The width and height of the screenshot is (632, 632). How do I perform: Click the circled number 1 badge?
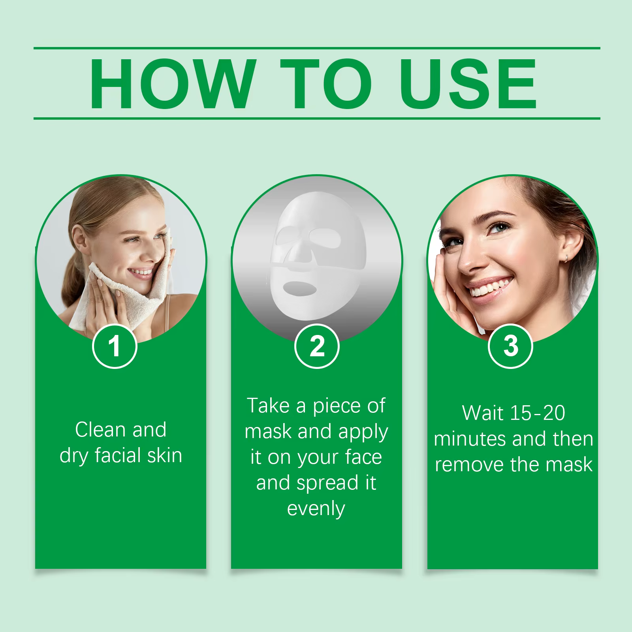coord(115,346)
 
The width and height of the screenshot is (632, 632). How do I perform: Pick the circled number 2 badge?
coord(317,346)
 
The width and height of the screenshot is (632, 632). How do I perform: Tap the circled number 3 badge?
coord(511,346)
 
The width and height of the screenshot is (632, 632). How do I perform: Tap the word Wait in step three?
coord(482,413)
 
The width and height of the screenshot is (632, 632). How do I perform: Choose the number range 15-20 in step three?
coord(538,413)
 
